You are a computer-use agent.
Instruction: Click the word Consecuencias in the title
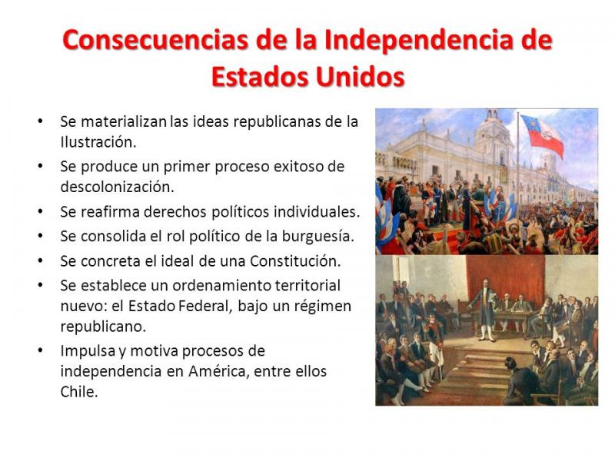click(x=155, y=40)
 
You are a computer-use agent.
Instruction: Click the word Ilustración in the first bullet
click(x=98, y=142)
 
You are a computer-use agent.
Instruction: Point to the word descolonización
click(x=117, y=187)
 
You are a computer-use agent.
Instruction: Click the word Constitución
click(x=295, y=261)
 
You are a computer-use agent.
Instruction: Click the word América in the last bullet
click(x=218, y=371)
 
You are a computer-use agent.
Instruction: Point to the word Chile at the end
click(x=79, y=392)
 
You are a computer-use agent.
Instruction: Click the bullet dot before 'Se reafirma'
click(x=40, y=212)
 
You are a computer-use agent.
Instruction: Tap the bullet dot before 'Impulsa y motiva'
click(x=40, y=350)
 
